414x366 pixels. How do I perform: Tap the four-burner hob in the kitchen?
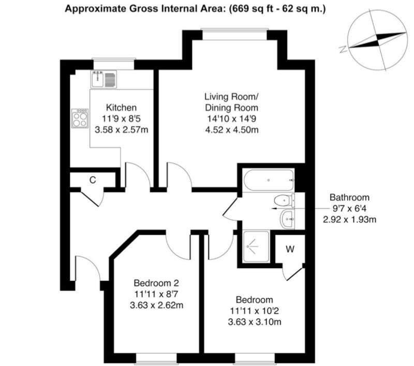coord(80,118)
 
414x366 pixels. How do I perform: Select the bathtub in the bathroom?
coord(269,180)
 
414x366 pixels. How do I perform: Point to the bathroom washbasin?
coord(287,219)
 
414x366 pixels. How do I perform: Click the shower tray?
coord(256,247)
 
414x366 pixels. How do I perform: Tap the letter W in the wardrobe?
coord(290,249)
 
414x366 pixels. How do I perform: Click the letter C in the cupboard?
coord(93,180)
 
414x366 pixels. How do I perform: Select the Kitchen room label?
coord(121,108)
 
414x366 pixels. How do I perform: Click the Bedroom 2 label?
coord(156,283)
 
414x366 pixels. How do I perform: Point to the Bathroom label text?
coord(349,197)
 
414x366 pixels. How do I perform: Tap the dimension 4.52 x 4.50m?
coord(231,130)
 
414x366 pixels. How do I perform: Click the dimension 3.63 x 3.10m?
coord(255,322)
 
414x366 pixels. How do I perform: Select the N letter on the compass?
coord(343,49)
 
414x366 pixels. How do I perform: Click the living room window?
coord(235,34)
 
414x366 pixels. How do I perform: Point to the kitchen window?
coord(113,64)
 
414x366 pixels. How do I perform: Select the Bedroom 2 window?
coord(156,359)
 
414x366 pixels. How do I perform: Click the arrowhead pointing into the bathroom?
coord(274,208)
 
